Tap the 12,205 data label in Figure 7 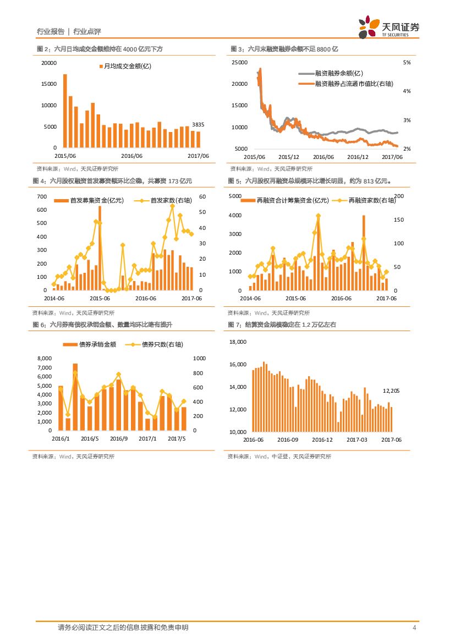391,391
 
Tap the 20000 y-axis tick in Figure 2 49,63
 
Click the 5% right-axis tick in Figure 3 407,63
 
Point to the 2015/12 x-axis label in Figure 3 289,157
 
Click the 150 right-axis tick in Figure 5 399,220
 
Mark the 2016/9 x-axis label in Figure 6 118,438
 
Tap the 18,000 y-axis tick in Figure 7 238,342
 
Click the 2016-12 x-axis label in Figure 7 322,439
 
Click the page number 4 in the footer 414,628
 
